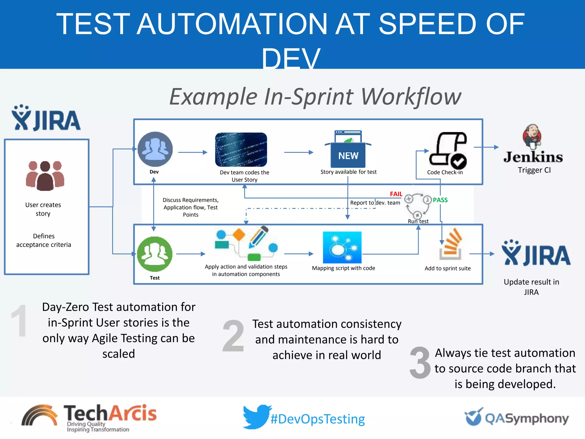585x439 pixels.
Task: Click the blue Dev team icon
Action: tap(155, 149)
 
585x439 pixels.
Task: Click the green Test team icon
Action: tap(155, 254)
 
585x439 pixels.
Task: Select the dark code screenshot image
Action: tap(241, 149)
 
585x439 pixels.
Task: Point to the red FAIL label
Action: tap(396, 194)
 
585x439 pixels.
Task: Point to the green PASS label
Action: tap(440, 200)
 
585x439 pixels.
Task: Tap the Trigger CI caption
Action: tap(534, 170)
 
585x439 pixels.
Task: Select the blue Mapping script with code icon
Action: tap(342, 247)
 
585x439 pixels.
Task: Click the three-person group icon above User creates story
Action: tap(45, 175)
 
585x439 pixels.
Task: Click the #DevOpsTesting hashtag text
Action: tap(318, 419)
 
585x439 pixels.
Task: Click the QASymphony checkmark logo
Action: tap(473, 417)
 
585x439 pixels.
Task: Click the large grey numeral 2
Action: tap(233, 336)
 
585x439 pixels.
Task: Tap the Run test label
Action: tap(418, 221)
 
